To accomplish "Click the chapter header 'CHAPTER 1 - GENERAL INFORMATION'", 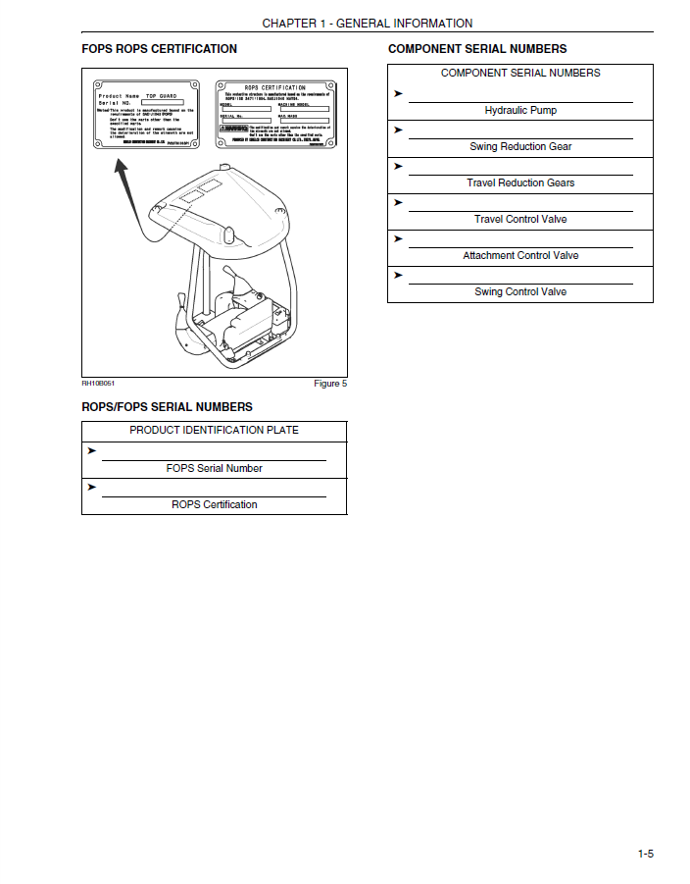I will point(368,24).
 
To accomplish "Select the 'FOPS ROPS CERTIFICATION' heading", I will point(159,49).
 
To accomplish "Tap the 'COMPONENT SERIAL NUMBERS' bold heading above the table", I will point(477,49).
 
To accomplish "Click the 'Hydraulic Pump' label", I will point(520,111).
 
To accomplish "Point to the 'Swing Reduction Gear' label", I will point(520,147).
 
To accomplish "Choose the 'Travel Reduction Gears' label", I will point(520,183).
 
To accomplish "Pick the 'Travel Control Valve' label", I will point(520,220).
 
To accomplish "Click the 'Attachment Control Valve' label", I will point(520,256).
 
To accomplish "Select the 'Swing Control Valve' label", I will point(520,292).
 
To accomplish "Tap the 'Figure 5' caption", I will point(330,384).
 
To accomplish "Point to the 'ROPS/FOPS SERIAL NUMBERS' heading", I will point(167,407).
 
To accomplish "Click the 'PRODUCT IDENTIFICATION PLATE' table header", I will point(214,431).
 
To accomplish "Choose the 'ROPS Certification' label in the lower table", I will point(214,505).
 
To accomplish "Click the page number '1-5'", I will point(645,855).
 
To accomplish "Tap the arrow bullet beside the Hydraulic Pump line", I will point(398,93).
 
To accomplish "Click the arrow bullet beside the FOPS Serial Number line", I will point(91,451).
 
